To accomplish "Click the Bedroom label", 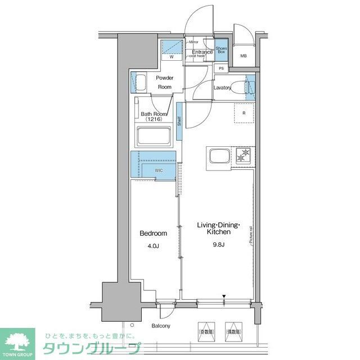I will point(152,233).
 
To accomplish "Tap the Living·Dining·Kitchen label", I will point(218,228).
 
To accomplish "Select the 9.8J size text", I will point(218,244).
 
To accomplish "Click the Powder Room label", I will point(164,82).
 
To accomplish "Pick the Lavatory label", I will point(223,88).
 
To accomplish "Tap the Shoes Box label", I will point(221,50).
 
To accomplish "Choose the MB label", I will point(244,56).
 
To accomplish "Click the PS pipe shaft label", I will point(221,69).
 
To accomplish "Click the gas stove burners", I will point(244,155).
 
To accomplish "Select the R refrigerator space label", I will point(244,114).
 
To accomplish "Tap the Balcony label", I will point(161,326).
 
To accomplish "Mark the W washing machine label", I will point(172,56).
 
